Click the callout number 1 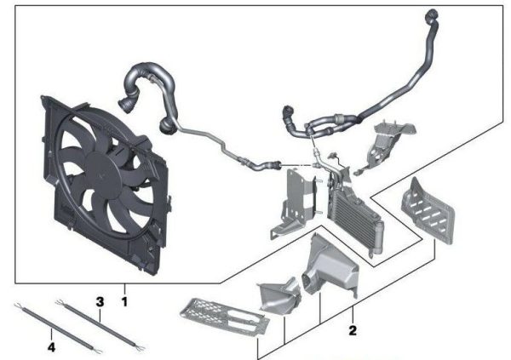coord(124,301)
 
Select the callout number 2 coord(353,330)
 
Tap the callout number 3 coord(100,301)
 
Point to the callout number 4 coord(51,347)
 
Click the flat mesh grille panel coord(225,316)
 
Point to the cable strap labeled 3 coord(100,325)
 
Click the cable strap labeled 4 coord(58,329)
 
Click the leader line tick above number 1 coord(124,289)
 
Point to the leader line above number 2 coord(353,314)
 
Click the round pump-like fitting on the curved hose coord(169,126)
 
